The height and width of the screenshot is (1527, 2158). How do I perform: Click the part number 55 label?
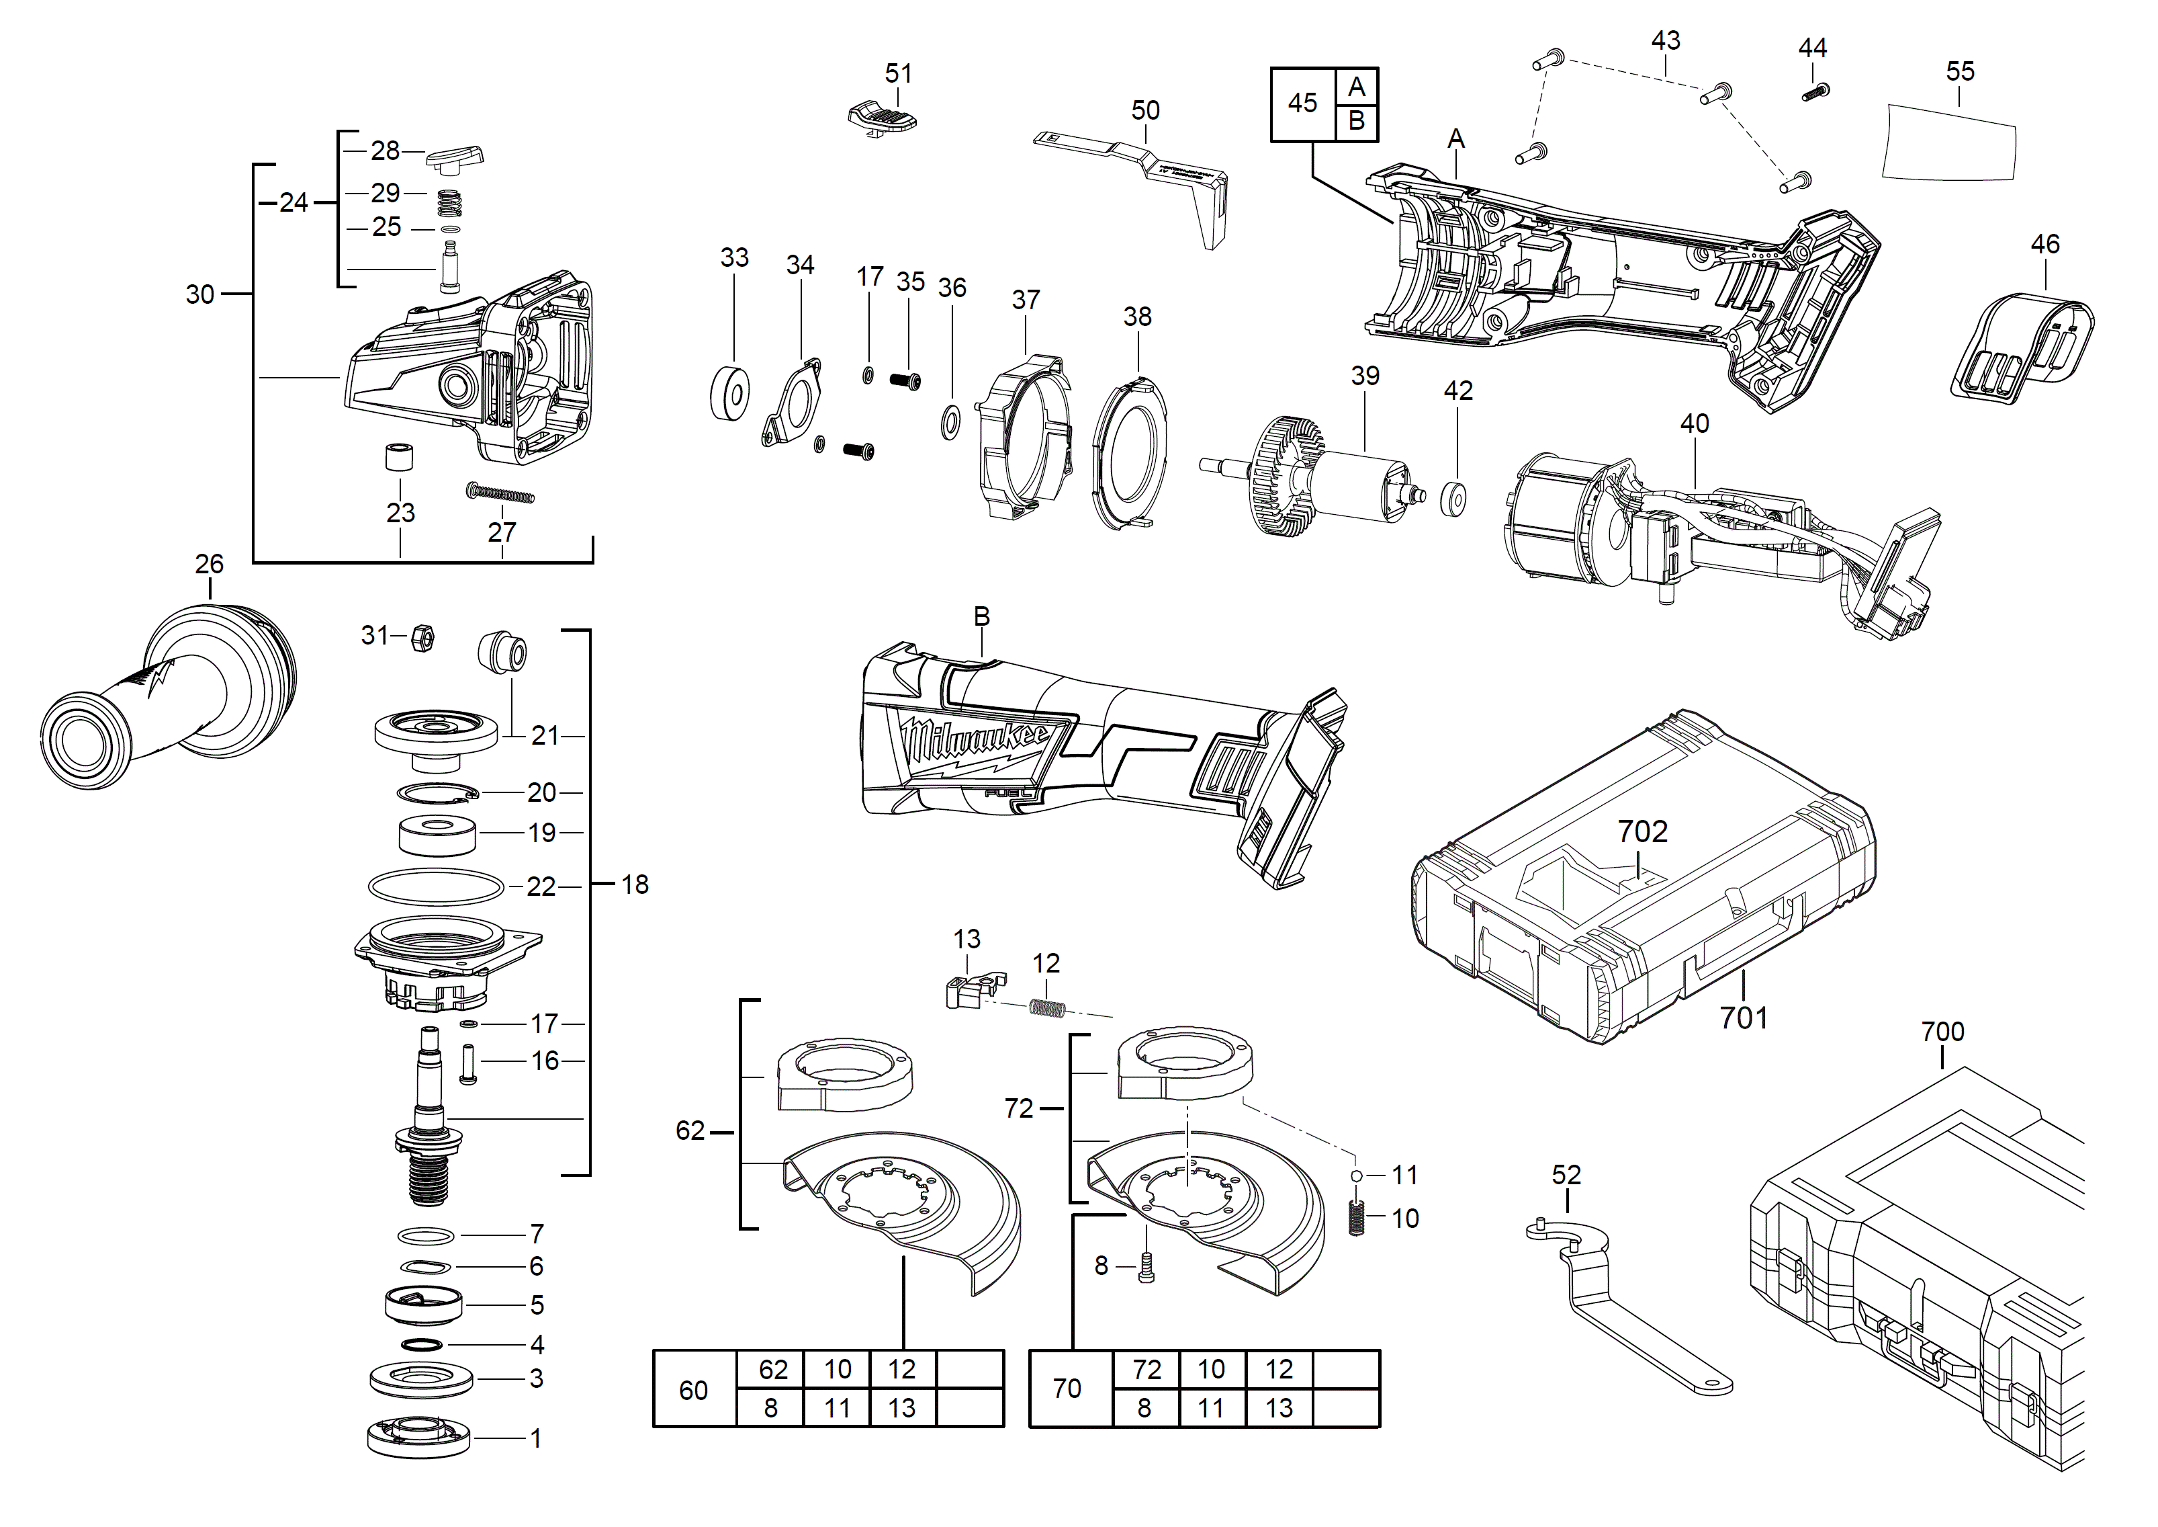[1960, 71]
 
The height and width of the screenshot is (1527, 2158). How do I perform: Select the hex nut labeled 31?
[422, 638]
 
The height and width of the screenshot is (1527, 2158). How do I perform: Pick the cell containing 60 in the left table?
[694, 1390]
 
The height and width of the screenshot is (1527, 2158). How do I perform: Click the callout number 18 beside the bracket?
[635, 884]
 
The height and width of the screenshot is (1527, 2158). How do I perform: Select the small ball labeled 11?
[1356, 1175]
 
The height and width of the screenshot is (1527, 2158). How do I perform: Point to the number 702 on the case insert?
[1642, 831]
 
